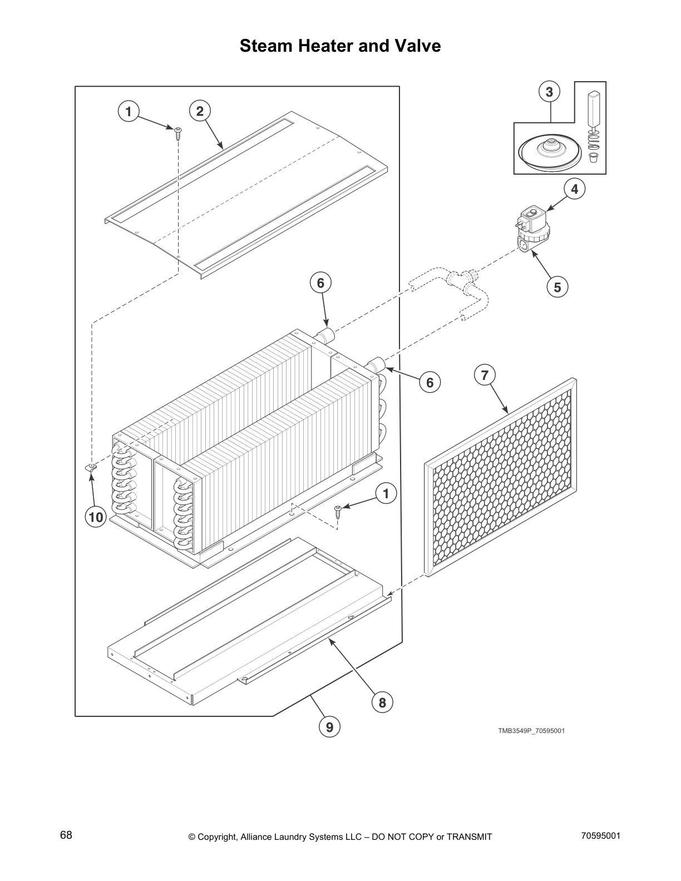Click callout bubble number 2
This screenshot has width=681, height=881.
(200, 112)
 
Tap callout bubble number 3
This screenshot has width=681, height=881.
(549, 92)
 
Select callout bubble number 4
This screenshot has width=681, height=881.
(574, 189)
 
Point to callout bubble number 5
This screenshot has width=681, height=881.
(557, 286)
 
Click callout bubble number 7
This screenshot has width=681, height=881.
(484, 375)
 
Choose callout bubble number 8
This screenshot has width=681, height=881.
(382, 702)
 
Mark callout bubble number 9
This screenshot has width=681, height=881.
(329, 727)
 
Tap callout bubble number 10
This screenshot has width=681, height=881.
(96, 517)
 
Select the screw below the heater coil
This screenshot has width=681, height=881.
(338, 509)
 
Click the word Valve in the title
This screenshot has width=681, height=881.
(417, 46)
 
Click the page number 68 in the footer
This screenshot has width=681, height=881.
(66, 835)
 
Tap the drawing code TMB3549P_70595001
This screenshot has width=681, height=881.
(531, 731)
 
